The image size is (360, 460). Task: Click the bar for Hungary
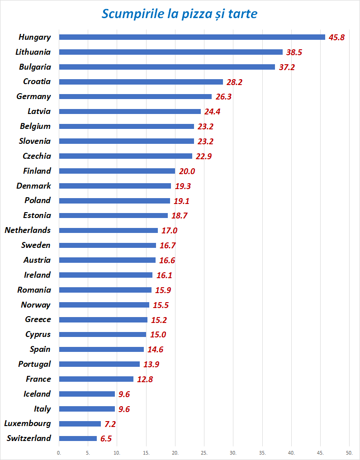pyautogui.click(x=192, y=37)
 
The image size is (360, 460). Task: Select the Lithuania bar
pyautogui.click(x=171, y=52)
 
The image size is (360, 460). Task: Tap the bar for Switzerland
pyautogui.click(x=78, y=438)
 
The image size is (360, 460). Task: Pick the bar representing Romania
pyautogui.click(x=105, y=290)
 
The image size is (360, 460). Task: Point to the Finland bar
pyautogui.click(x=117, y=171)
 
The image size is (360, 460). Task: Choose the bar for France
pyautogui.click(x=96, y=379)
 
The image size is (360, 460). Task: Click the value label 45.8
pyautogui.click(x=336, y=38)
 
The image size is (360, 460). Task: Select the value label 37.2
pyautogui.click(x=286, y=67)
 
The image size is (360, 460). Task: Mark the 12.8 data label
pyautogui.click(x=145, y=379)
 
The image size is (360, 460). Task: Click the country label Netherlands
pyautogui.click(x=28, y=230)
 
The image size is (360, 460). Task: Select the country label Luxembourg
pyautogui.click(x=27, y=424)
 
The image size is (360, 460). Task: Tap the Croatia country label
pyautogui.click(x=37, y=82)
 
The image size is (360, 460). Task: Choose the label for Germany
pyautogui.click(x=33, y=96)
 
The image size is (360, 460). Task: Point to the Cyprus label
pyautogui.click(x=38, y=334)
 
